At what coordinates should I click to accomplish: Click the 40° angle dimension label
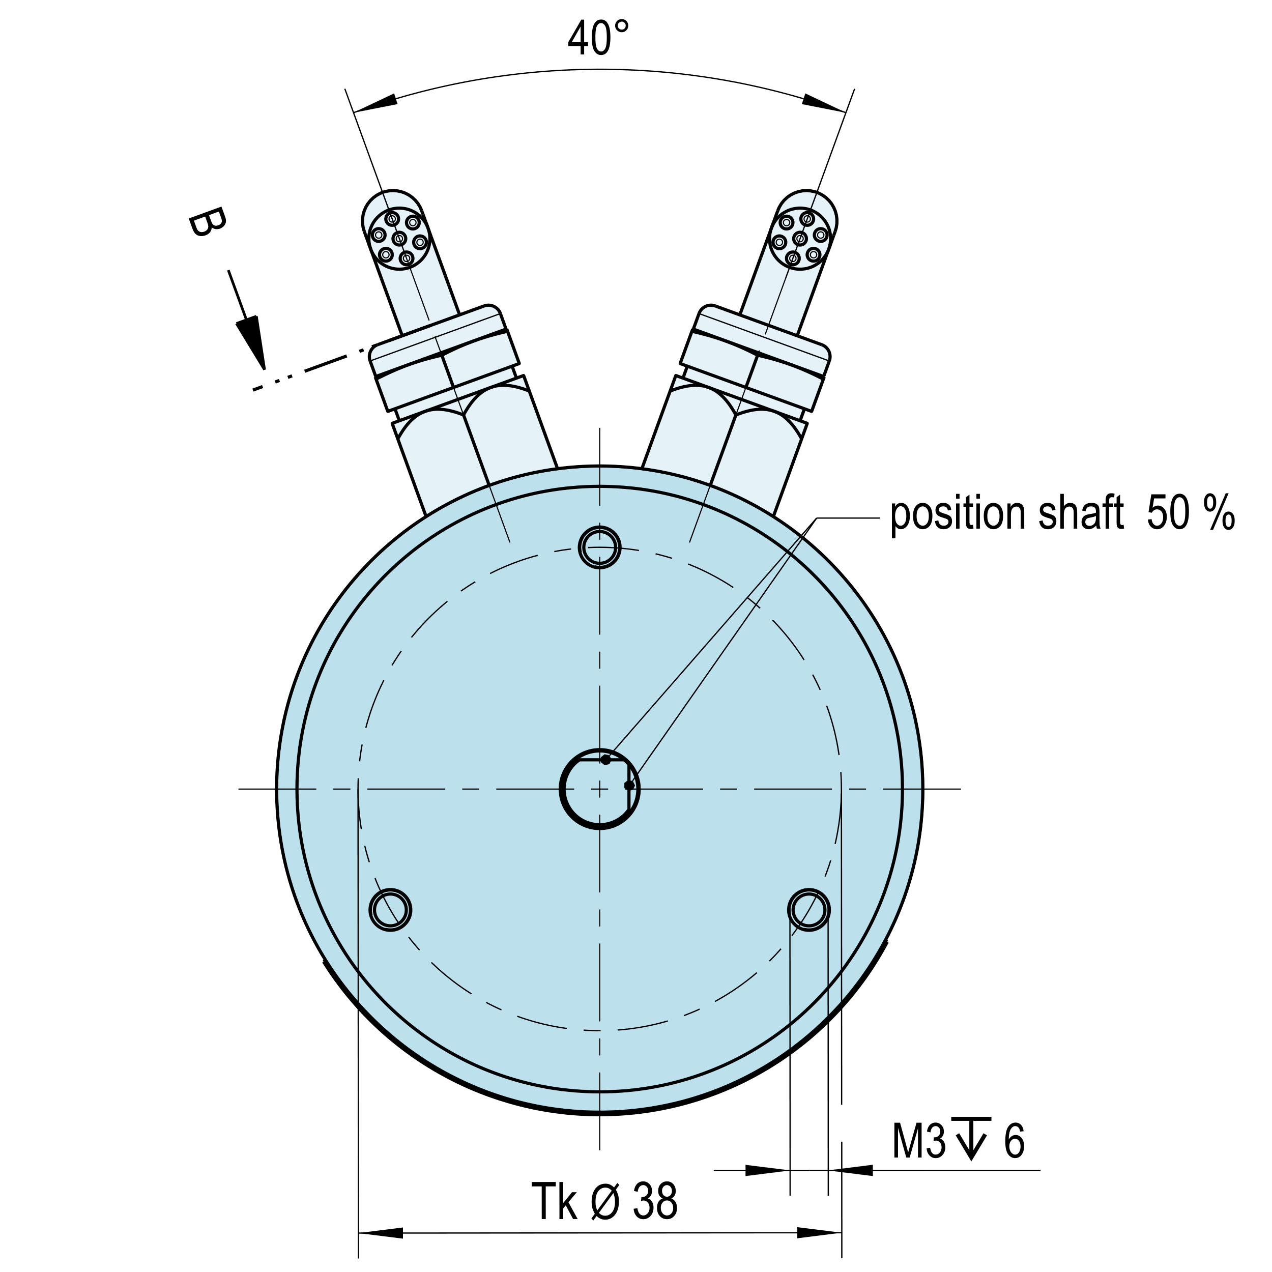pos(598,38)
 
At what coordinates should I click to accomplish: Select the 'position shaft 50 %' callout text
pos(1062,514)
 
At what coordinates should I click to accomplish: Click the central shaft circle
pos(599,788)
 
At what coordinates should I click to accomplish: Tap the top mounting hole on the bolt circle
pos(599,546)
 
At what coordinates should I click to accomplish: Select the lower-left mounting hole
pos(390,910)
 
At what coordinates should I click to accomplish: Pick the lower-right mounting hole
pos(808,910)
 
